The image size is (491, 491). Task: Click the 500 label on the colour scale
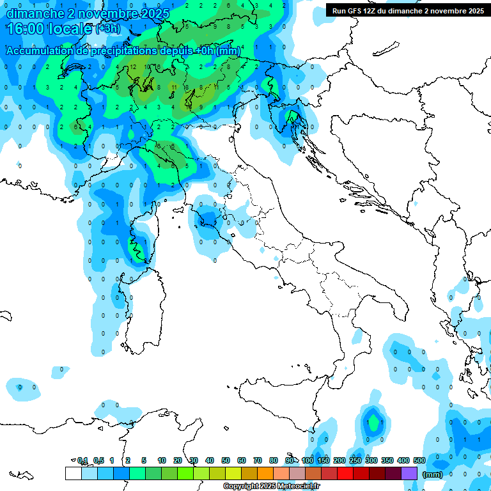(419, 460)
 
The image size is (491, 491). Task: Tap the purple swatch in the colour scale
(409, 473)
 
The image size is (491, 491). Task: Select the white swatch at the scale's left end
(73, 473)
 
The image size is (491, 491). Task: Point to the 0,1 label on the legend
(83, 460)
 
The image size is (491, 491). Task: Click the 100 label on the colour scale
(308, 460)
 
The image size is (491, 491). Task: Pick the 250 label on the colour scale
(355, 460)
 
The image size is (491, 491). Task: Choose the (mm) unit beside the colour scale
(432, 474)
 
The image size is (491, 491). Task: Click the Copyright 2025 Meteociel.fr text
(271, 487)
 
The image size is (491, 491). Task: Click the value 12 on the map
(134, 66)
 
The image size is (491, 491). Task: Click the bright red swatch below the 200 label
(345, 473)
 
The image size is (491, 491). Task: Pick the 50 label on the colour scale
(226, 460)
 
